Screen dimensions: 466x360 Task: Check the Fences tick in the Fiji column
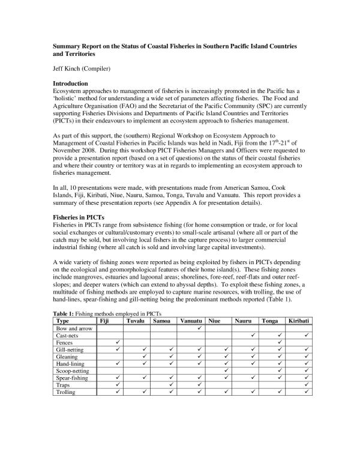(118, 343)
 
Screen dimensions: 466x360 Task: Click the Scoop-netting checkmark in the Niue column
(225, 371)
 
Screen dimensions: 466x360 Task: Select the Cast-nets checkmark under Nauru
(253, 336)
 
